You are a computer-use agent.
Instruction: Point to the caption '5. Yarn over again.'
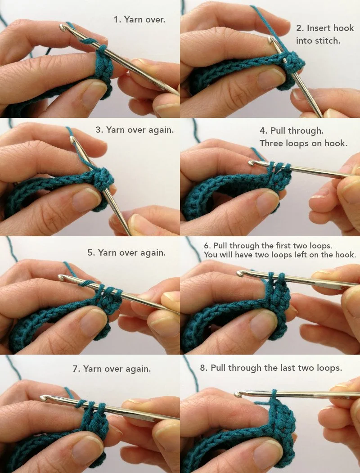(126, 252)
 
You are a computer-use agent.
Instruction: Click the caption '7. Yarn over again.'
(112, 369)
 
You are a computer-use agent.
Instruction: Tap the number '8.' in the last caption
(204, 368)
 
